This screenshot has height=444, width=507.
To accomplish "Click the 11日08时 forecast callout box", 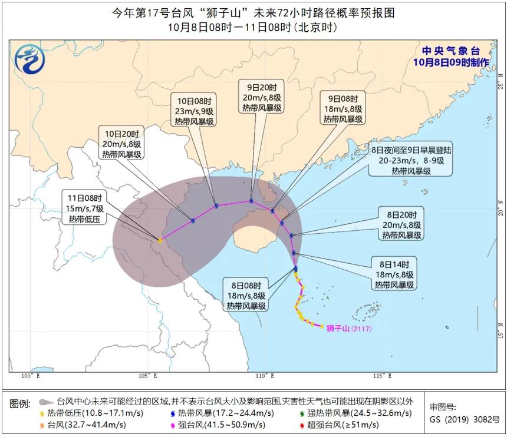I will pos(84,208).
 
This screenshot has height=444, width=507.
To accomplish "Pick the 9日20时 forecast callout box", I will pos(262,98).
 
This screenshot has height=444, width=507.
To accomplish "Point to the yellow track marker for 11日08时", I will pos(159,240).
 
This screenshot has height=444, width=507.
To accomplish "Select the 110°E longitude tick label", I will pos(265,376).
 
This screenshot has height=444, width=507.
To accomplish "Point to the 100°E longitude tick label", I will pos(30,376).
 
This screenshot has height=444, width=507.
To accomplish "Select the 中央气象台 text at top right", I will pos(450,51).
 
